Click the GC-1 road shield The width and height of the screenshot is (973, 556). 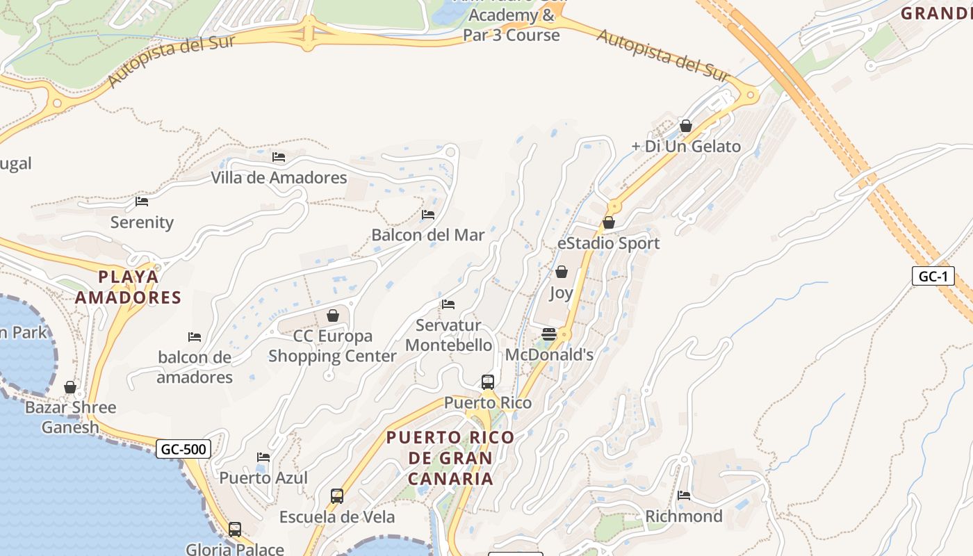pyautogui.click(x=933, y=276)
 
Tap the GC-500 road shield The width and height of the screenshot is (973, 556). pyautogui.click(x=183, y=449)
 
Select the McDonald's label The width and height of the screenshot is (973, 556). pyautogui.click(x=549, y=354)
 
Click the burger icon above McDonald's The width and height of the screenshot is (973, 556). pyautogui.click(x=549, y=334)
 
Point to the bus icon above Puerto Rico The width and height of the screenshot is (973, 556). pyautogui.click(x=488, y=382)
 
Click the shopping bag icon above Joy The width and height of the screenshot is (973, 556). pyautogui.click(x=562, y=272)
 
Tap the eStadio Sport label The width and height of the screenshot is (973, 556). pyautogui.click(x=608, y=243)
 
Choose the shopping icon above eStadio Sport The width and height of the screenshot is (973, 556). pyautogui.click(x=609, y=222)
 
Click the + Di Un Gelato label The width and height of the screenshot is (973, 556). pyautogui.click(x=686, y=146)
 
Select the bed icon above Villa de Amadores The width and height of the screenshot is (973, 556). pyautogui.click(x=279, y=157)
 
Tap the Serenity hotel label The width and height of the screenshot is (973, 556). pyautogui.click(x=142, y=222)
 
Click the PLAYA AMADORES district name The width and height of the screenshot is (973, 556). pyautogui.click(x=128, y=287)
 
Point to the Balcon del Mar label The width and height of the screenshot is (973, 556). pyautogui.click(x=427, y=235)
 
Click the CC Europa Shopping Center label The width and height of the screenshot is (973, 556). pyautogui.click(x=332, y=346)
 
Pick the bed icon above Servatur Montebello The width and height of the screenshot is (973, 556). pyautogui.click(x=448, y=304)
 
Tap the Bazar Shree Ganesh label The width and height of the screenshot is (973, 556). pyautogui.click(x=70, y=417)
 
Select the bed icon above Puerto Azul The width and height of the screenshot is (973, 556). pyautogui.click(x=263, y=457)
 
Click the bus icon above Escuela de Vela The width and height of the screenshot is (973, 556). pyautogui.click(x=337, y=496)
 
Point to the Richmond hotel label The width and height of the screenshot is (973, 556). pyautogui.click(x=684, y=516)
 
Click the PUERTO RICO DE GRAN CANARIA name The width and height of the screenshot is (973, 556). pyautogui.click(x=450, y=458)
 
